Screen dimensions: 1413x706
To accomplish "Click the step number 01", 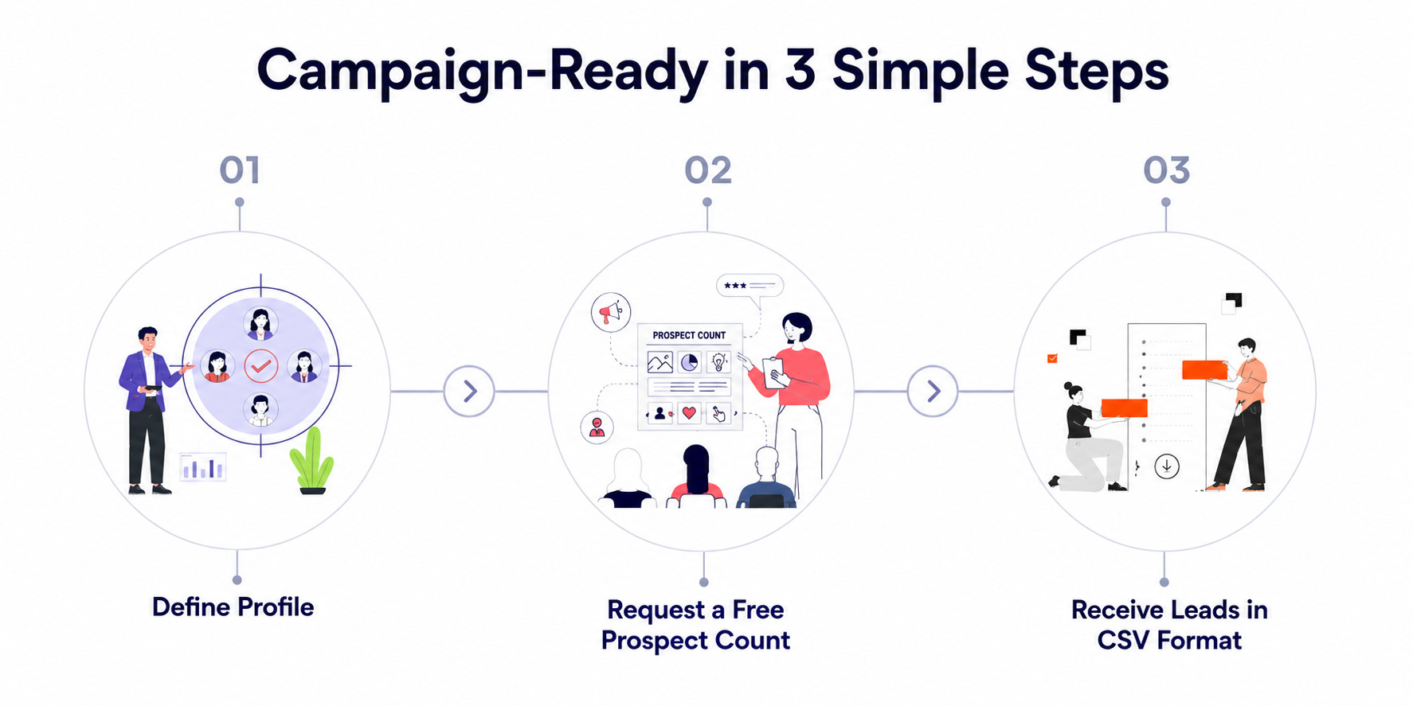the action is coord(240,170).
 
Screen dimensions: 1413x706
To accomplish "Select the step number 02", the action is coord(708,170).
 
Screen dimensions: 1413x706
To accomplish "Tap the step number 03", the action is coord(1167,170).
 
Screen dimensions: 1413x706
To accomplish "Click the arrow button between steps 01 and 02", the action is coord(469,391).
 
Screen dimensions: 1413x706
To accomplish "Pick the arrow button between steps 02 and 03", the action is coord(933,391).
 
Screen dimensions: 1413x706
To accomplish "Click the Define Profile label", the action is coord(233,607).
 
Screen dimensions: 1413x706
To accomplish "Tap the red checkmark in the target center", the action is coord(261,366).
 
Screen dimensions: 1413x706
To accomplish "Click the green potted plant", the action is coord(311,461).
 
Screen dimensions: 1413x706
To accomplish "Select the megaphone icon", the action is coord(611,311).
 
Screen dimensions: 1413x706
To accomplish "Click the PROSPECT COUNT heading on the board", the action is coord(689,335).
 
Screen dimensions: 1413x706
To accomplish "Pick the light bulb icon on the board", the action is coord(719,362).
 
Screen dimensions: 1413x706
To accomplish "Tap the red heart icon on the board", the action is coord(690,413).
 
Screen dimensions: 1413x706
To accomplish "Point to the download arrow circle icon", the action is coord(1167,466).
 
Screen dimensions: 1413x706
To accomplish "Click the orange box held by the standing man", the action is coord(1204,370).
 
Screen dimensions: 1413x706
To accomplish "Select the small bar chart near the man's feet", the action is coord(202,466).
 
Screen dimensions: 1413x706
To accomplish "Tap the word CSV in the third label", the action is coord(1123,640).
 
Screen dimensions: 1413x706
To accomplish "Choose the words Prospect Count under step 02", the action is coord(695,641).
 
